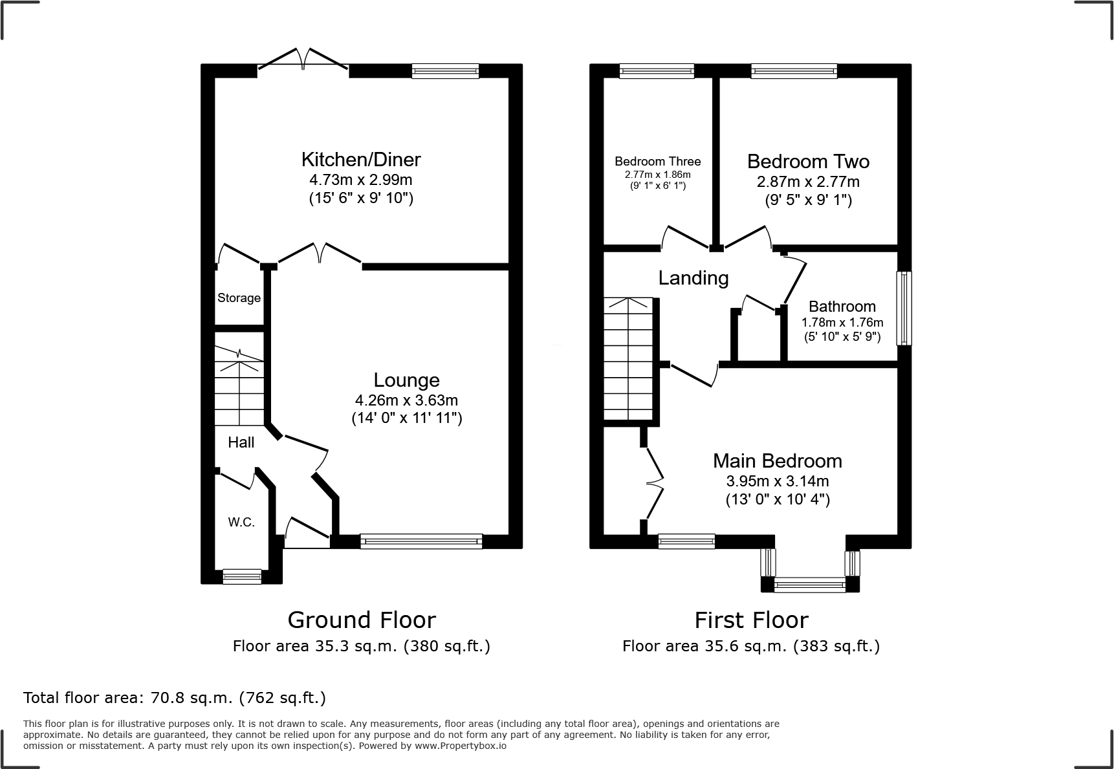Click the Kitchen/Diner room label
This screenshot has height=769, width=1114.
[x=361, y=159]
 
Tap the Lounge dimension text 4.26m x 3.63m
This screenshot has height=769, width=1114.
[x=406, y=400]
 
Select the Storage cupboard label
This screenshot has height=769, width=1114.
[x=239, y=298]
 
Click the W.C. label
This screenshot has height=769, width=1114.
[x=241, y=522]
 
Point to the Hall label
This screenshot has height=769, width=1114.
[x=241, y=442]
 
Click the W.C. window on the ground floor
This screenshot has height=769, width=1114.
[x=242, y=576]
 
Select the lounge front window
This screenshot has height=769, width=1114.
[x=421, y=541]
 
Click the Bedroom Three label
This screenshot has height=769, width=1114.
[x=657, y=162]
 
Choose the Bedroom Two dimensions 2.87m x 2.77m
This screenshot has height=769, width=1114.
[x=808, y=182]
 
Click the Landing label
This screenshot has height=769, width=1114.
[x=694, y=278]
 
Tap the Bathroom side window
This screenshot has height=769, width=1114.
[x=904, y=308]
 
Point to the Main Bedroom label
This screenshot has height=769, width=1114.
[x=777, y=461]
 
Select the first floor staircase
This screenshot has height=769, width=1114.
[x=628, y=359]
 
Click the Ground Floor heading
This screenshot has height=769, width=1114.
[x=362, y=620]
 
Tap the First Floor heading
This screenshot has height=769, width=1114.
[x=751, y=620]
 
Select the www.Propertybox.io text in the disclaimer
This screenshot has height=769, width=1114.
[x=460, y=746]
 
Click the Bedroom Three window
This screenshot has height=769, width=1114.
[x=657, y=71]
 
